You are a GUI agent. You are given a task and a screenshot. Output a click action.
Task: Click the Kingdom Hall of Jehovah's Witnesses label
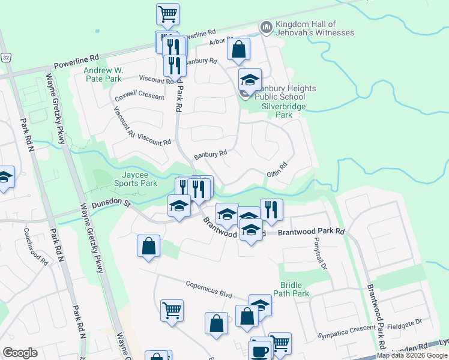coord(314,28)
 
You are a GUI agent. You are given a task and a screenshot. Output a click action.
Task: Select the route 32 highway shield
coord(5,57)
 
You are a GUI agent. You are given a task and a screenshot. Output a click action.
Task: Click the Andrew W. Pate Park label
coord(104,74)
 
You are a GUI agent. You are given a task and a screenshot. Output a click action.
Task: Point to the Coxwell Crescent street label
coord(139,94)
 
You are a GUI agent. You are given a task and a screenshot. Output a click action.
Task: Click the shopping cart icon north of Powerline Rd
coord(167,13)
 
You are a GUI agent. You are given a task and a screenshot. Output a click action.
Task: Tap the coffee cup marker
coord(261,350)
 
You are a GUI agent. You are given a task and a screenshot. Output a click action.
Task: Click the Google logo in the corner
coord(20,353)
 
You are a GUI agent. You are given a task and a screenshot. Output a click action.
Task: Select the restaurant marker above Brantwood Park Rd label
coord(271,209)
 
